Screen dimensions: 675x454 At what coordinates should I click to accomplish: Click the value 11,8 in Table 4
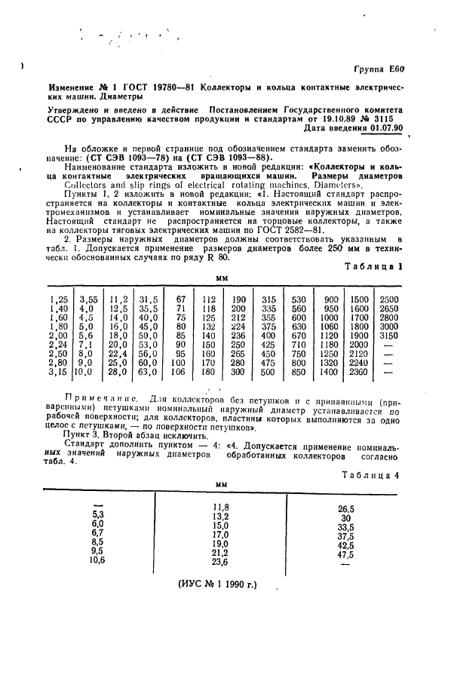pos(220,506)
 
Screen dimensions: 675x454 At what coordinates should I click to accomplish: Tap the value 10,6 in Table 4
pos(96,560)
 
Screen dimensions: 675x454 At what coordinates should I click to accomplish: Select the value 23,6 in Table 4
pos(220,562)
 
